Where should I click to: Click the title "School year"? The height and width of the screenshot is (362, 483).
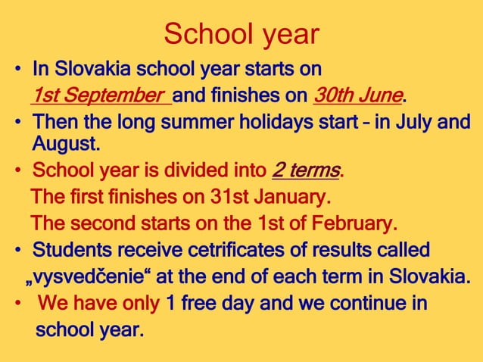(241, 34)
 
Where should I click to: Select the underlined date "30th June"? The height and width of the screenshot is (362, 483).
(357, 96)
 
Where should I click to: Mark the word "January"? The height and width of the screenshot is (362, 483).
(291, 198)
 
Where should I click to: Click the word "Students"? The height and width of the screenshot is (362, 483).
(70, 250)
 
